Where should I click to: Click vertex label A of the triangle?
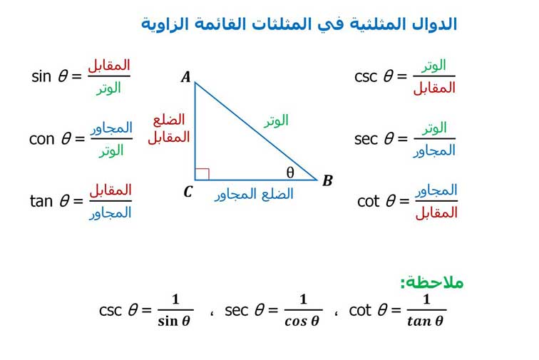coord(186,77)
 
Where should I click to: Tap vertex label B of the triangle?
coord(327,180)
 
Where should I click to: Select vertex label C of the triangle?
coord(188,192)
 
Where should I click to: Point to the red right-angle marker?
coord(202,175)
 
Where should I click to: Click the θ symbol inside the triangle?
coord(290,173)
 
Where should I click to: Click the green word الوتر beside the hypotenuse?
coord(276,121)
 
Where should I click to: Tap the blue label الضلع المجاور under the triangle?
coord(254,195)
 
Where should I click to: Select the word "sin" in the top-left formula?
coord(41,76)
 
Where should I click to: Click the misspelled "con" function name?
coord(42,139)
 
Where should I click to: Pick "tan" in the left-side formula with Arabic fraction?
coord(42,201)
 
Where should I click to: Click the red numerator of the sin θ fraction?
coord(109,66)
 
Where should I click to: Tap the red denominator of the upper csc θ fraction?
coord(434,88)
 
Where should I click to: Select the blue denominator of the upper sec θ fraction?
coord(434,151)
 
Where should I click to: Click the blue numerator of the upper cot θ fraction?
coord(436,191)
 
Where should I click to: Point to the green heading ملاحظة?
coord(432,282)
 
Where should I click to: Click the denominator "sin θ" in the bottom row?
coord(174,322)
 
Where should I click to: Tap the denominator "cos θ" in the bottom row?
coord(302,322)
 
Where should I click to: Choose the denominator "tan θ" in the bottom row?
coord(425,322)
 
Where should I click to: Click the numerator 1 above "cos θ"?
coord(303,299)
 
